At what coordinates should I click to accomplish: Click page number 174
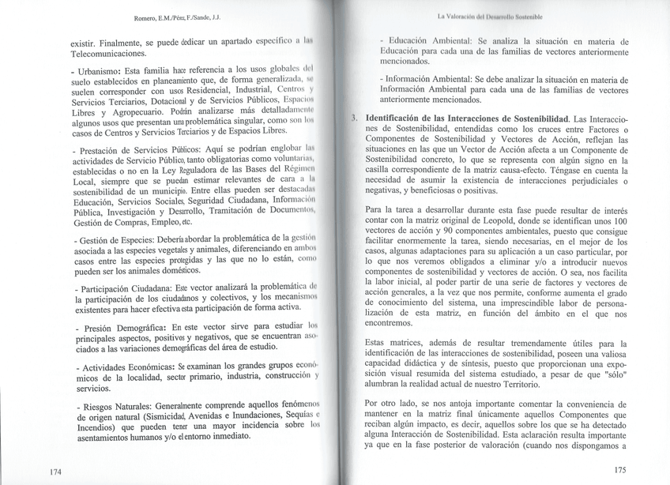click(x=54, y=472)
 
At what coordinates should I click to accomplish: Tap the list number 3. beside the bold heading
click(x=353, y=118)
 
